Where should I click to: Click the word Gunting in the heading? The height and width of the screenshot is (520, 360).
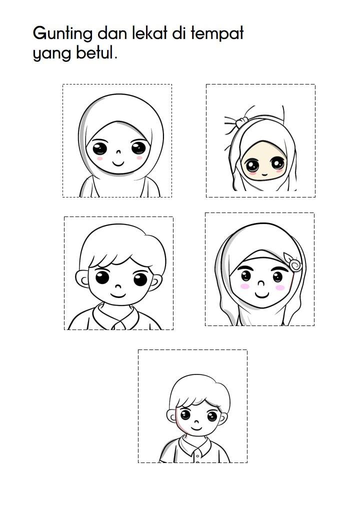coord(62,34)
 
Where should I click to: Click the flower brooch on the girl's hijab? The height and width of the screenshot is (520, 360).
coord(293,262)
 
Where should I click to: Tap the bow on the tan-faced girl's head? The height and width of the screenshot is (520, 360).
coord(241,122)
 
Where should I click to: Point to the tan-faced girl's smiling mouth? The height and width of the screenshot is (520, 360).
coord(264,174)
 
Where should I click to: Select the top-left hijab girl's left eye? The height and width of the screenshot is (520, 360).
coord(99,148)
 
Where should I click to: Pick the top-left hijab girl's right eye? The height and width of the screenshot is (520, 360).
coord(138,147)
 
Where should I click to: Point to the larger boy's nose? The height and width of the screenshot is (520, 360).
coord(118,286)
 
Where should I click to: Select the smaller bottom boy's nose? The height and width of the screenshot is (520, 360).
coord(196,422)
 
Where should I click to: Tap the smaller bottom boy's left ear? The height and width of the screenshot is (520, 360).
coord(171,416)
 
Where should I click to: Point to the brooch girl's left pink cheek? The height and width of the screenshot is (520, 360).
coord(245,286)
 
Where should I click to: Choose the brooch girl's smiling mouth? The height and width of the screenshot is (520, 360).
coord(261,294)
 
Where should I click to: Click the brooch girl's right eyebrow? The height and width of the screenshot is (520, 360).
coord(280,268)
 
